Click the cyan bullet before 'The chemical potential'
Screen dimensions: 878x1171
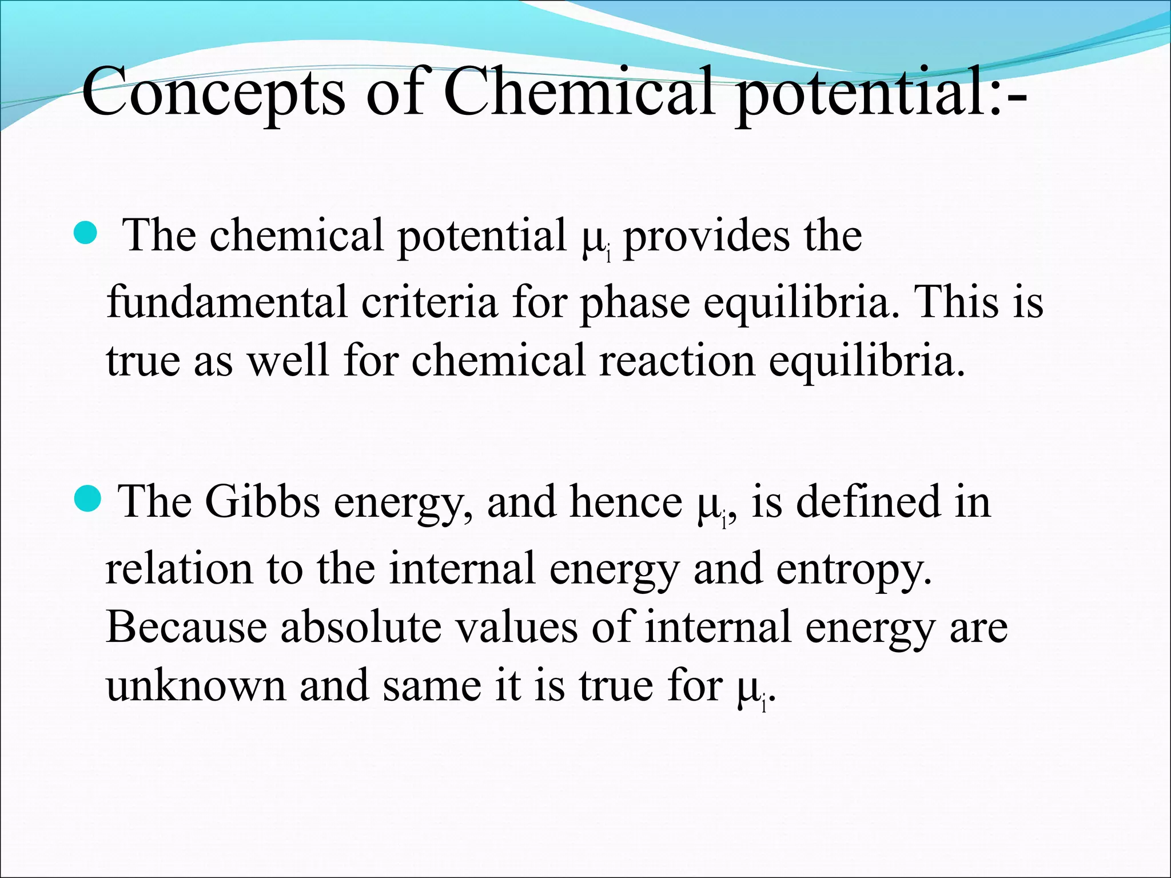87,234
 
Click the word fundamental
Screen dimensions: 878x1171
227,301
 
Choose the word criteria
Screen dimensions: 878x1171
429,301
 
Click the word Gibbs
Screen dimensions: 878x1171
262,501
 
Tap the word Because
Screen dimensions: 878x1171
186,627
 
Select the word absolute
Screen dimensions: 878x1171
361,627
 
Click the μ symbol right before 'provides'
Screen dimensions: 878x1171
592,240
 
